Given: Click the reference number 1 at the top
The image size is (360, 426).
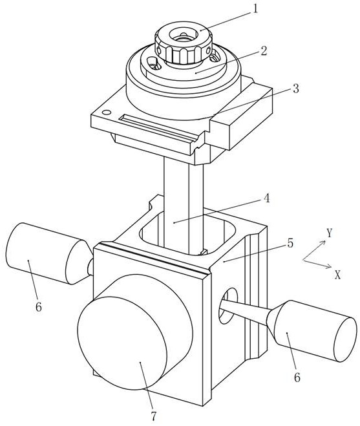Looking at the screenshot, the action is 255,9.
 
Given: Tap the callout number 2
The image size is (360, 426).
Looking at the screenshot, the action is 263,51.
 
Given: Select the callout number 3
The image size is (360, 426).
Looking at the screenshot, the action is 295,89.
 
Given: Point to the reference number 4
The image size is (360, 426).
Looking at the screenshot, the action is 267,198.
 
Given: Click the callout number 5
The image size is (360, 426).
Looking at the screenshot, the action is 290,243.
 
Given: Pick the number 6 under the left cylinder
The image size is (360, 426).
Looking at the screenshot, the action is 39,306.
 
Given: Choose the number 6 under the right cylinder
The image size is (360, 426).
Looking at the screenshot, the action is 297,378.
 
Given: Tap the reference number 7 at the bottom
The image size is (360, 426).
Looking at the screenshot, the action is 154,416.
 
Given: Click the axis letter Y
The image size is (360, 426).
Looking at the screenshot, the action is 330,233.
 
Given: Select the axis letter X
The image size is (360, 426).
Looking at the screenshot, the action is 337,275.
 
